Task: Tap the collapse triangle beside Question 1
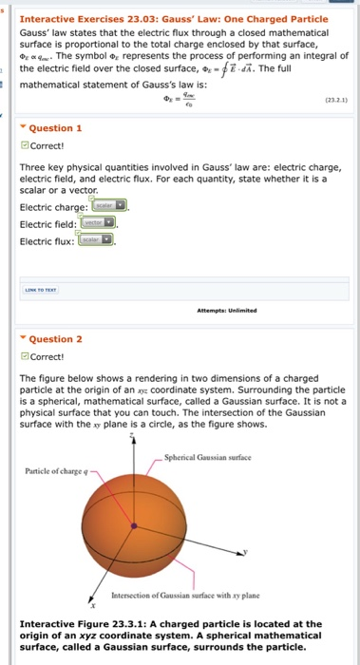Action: pyautogui.click(x=23, y=128)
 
